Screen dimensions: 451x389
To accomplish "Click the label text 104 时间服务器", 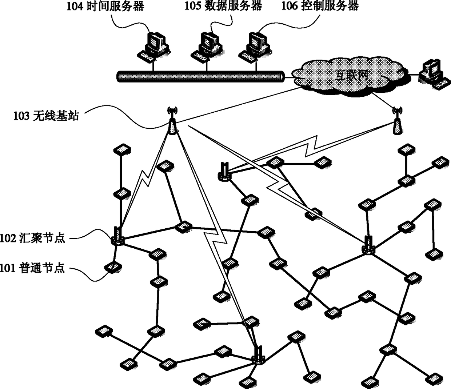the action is pos(105,6).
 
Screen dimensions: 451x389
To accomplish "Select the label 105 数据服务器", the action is pos(223,6).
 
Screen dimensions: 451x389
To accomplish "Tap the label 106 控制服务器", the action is pos(320,6).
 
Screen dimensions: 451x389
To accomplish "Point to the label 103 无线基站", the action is pos(46,116).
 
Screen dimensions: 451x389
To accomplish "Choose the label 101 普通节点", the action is pos(32,268).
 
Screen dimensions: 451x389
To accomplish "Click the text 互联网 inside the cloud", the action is pos(351,75).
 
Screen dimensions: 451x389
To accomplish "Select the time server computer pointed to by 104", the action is pos(153,47).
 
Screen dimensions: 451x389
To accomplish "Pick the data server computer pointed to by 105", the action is pos(207,47).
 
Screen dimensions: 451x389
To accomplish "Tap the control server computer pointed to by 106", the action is pos(255,47).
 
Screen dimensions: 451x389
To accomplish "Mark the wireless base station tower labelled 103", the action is pos(172,121).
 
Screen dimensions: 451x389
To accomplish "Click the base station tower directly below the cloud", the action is pos(397,121).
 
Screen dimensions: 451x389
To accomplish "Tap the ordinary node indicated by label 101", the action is pos(113,267).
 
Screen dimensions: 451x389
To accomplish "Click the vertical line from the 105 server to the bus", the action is pos(207,67).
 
